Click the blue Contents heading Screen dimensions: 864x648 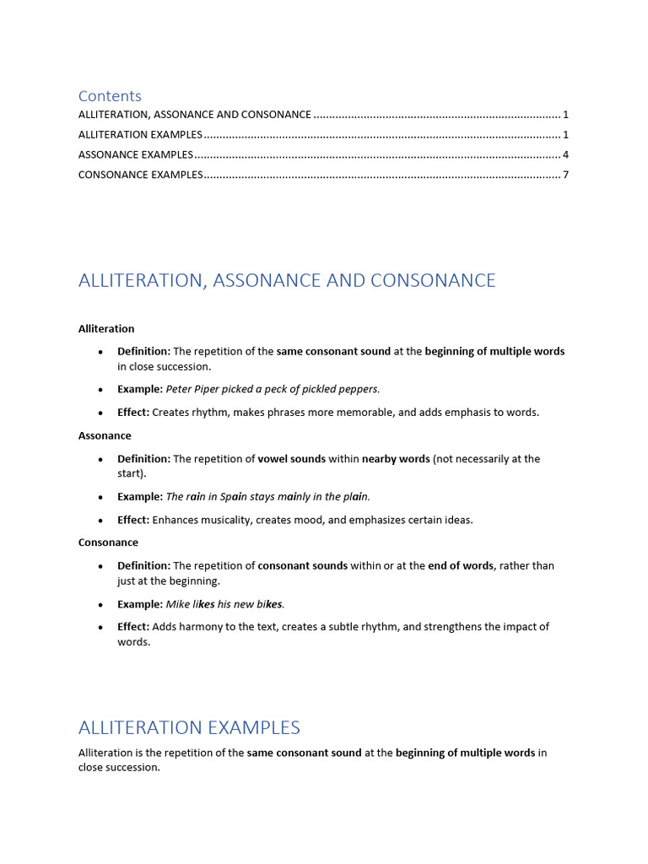pyautogui.click(x=110, y=96)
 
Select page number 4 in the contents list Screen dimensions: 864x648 pyautogui.click(x=565, y=154)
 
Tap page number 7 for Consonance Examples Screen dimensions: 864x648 pyautogui.click(x=565, y=175)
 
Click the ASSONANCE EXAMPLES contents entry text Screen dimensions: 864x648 pyautogui.click(x=136, y=154)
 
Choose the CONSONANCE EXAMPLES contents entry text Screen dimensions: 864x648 pyautogui.click(x=141, y=175)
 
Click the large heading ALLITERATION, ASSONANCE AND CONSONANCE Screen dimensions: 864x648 pyautogui.click(x=287, y=281)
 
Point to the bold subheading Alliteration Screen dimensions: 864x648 pyautogui.click(x=106, y=329)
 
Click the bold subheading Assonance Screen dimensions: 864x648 pyautogui.click(x=105, y=436)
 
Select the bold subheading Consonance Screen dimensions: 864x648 pyautogui.click(x=108, y=543)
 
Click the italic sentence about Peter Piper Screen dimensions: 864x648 pyautogui.click(x=273, y=389)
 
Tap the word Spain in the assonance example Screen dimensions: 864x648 pyautogui.click(x=235, y=496)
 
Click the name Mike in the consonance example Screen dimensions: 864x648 pyautogui.click(x=178, y=604)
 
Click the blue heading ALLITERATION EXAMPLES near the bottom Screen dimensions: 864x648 pyautogui.click(x=189, y=727)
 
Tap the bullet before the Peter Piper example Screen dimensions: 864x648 pyautogui.click(x=100, y=390)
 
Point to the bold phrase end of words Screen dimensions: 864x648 pyautogui.click(x=461, y=565)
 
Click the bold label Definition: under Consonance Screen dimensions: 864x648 pyautogui.click(x=143, y=565)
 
